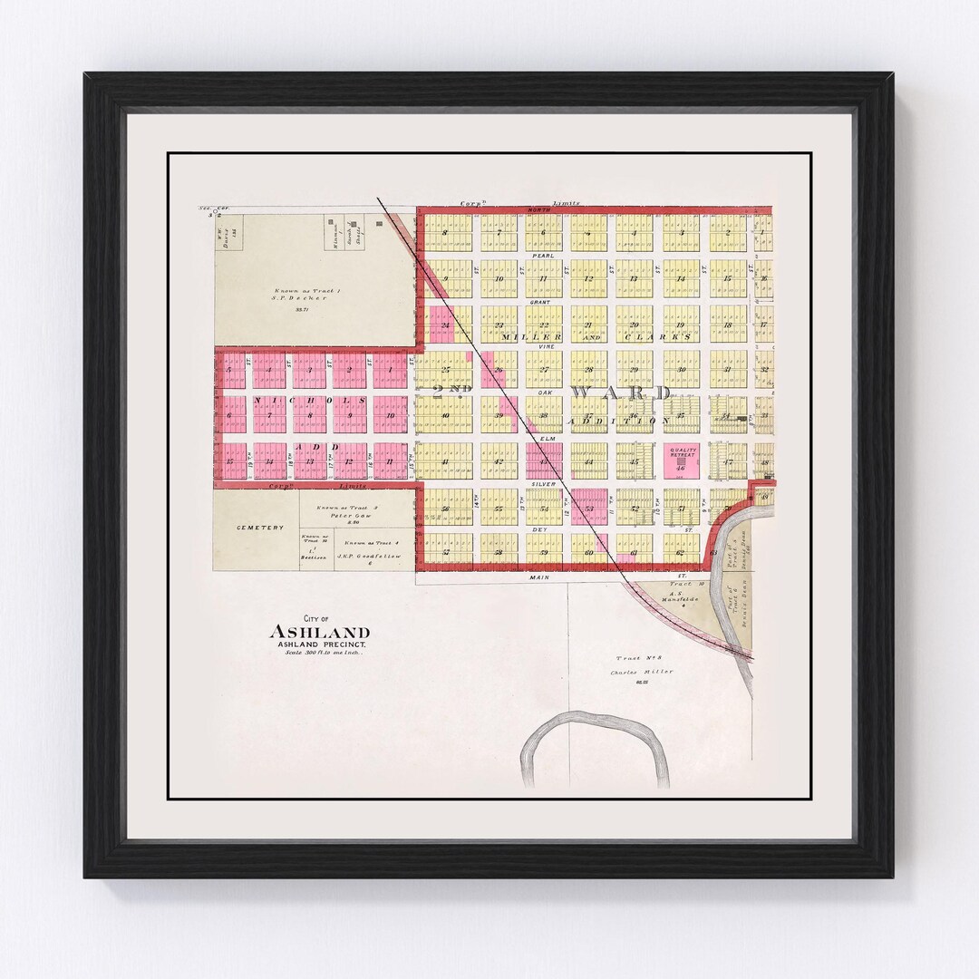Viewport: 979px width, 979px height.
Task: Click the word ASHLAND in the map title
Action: click(318, 632)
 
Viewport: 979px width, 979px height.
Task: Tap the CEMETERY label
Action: click(254, 528)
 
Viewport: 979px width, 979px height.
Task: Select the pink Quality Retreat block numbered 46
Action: click(681, 460)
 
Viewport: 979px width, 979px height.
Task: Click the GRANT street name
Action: click(541, 301)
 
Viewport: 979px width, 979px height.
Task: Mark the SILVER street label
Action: click(544, 484)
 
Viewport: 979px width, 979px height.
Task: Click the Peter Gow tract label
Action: click(346, 516)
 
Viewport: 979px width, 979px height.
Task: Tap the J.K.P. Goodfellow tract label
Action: click(369, 556)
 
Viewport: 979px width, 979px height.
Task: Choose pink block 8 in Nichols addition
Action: click(309, 414)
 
